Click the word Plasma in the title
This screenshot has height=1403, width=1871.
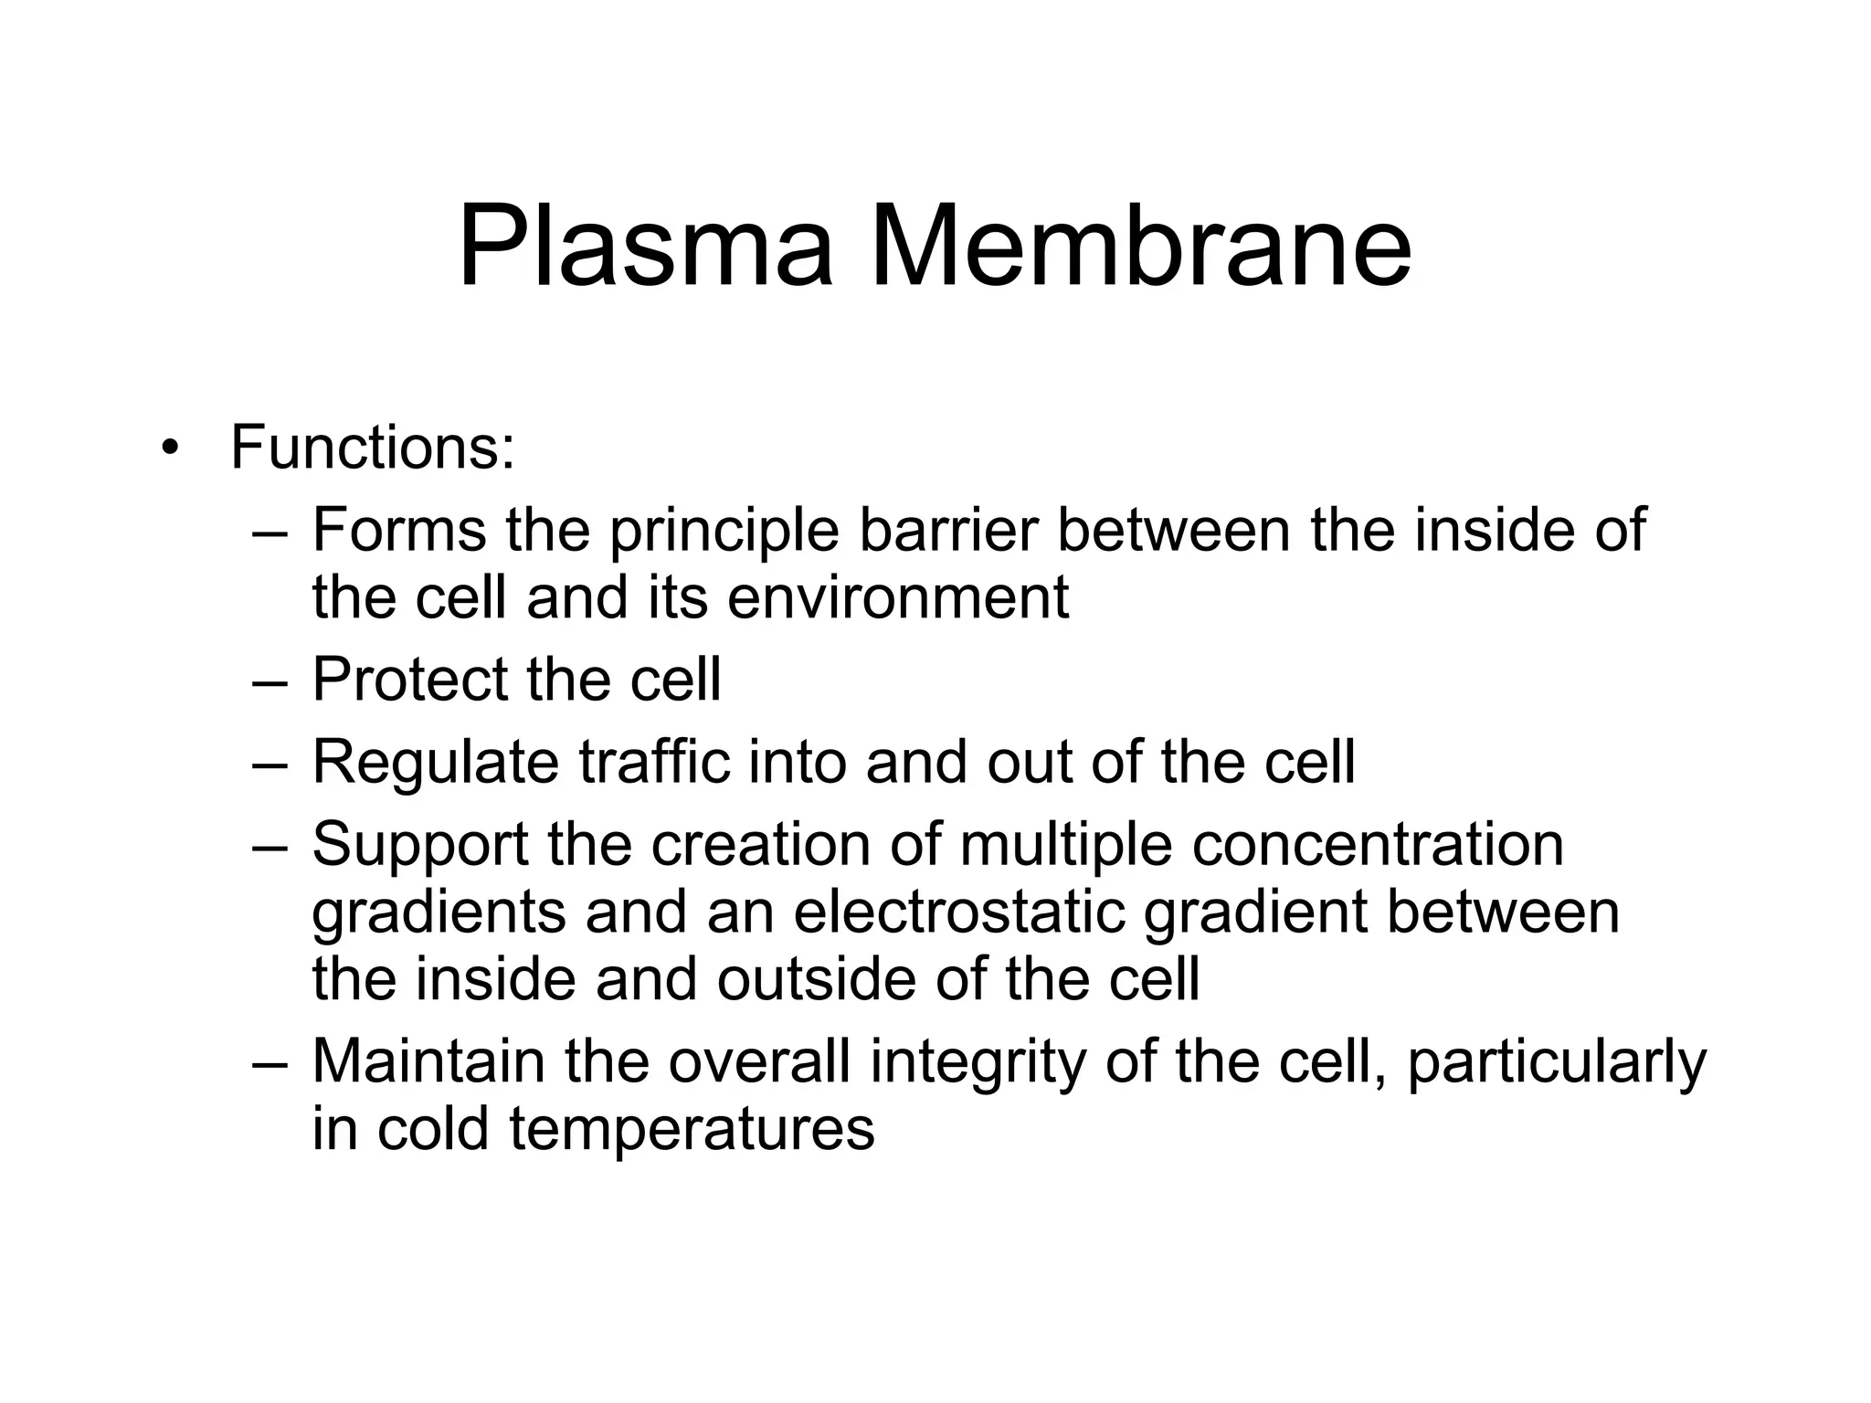click(645, 247)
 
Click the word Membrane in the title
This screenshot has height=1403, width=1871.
click(1140, 247)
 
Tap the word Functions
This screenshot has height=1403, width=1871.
click(372, 448)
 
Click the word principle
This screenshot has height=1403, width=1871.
click(724, 532)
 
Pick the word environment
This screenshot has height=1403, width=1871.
click(898, 598)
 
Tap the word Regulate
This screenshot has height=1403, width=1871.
click(435, 764)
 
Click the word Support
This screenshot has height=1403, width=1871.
click(420, 846)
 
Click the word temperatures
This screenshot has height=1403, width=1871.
click(692, 1130)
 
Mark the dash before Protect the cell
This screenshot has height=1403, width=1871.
click(270, 682)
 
